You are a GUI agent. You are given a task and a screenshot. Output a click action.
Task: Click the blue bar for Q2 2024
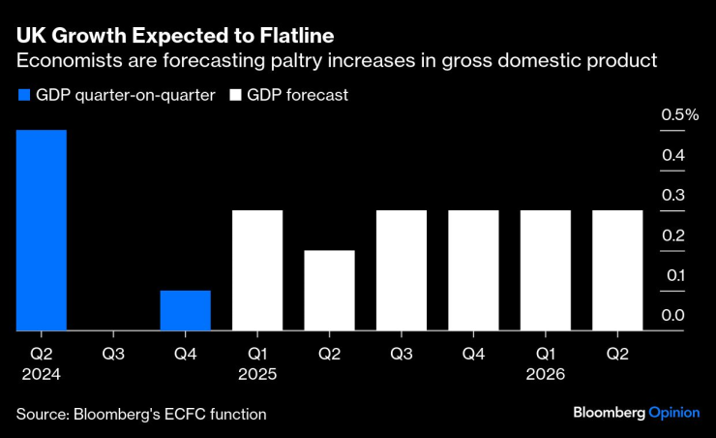tap(42, 231)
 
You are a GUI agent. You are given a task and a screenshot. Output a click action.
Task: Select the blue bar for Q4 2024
tap(186, 310)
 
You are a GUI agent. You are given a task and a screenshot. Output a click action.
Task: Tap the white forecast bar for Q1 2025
tap(257, 270)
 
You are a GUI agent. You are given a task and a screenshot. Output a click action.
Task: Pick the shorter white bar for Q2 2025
tap(329, 291)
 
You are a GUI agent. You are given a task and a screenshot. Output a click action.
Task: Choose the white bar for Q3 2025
tap(402, 270)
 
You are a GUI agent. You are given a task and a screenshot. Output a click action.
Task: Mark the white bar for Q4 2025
tap(473, 270)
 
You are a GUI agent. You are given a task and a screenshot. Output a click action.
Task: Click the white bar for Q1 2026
tap(546, 270)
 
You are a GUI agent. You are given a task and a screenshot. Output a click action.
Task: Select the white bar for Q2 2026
tap(617, 270)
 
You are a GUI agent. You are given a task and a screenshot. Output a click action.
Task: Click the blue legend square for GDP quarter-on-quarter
tap(23, 96)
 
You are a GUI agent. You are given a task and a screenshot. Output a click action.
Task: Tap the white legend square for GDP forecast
tap(234, 96)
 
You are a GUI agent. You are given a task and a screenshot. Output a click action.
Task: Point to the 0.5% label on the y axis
tap(679, 115)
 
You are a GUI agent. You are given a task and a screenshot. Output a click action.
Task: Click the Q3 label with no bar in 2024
tap(114, 354)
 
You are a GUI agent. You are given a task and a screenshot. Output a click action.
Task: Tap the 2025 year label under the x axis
tap(257, 373)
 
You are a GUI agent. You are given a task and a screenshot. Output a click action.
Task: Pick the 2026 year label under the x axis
tap(546, 373)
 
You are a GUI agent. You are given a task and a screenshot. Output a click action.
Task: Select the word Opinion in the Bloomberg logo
tap(673, 413)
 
